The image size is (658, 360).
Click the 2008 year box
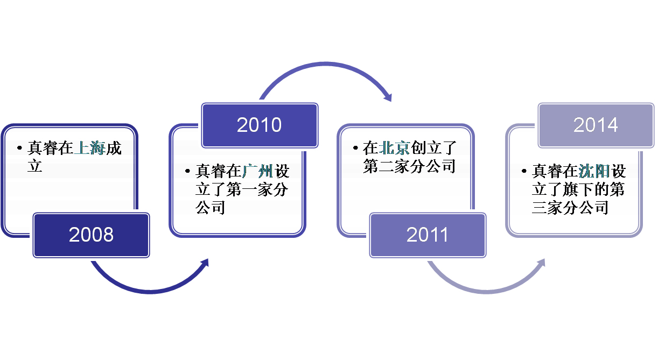point(92,235)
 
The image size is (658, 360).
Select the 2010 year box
point(260,125)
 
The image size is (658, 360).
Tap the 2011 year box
point(428,235)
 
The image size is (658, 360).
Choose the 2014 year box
point(596,125)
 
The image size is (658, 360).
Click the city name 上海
point(89,147)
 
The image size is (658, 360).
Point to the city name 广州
point(257,171)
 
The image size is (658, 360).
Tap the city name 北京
point(394,147)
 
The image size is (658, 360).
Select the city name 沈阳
point(594,171)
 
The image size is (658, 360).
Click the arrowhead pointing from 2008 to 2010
point(205,263)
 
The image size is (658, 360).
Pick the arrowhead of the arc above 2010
point(388,97)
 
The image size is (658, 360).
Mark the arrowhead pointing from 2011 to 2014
point(541,263)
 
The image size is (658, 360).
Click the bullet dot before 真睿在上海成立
point(20,148)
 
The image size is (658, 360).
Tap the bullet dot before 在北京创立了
point(355,148)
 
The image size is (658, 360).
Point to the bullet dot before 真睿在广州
point(188,171)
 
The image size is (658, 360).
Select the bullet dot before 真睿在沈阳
point(524,171)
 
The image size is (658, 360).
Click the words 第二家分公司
point(409,166)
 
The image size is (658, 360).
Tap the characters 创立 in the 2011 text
point(425,147)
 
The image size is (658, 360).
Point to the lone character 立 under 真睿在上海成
point(35,166)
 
